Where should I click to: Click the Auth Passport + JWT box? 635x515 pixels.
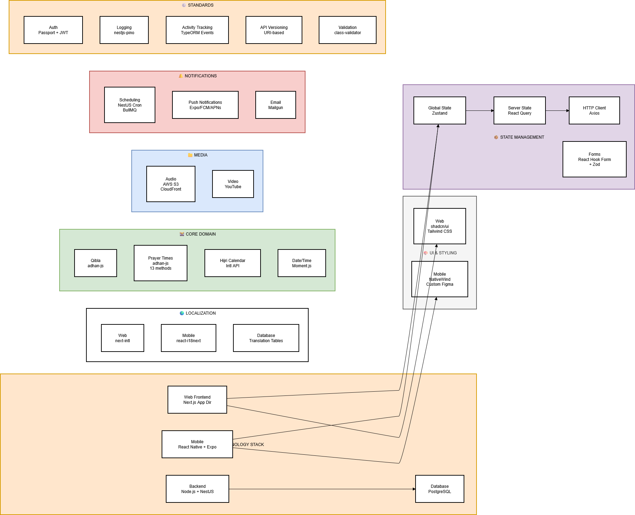pyautogui.click(x=53, y=30)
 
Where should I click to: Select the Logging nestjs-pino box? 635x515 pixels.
pyautogui.click(x=124, y=30)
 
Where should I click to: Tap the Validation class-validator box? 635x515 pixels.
pyautogui.click(x=347, y=30)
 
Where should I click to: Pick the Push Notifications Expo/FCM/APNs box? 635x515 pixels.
pyautogui.click(x=205, y=105)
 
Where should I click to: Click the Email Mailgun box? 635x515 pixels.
pyautogui.click(x=276, y=105)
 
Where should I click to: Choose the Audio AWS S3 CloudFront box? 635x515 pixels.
pyautogui.click(x=171, y=184)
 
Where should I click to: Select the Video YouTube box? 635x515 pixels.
pyautogui.click(x=233, y=184)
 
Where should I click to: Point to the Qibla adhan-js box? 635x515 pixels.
pyautogui.click(x=95, y=263)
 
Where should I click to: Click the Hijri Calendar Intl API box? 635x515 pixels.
pyautogui.click(x=233, y=263)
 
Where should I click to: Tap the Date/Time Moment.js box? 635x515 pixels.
pyautogui.click(x=302, y=263)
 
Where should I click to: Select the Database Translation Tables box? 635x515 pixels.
pyautogui.click(x=266, y=338)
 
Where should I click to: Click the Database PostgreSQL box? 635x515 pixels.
pyautogui.click(x=440, y=489)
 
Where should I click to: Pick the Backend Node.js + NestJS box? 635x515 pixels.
pyautogui.click(x=198, y=489)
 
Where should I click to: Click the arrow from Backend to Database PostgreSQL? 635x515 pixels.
pyautogui.click(x=322, y=489)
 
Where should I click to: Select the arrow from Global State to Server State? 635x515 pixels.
pyautogui.click(x=480, y=111)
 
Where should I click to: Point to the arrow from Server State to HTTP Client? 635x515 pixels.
pyautogui.click(x=557, y=111)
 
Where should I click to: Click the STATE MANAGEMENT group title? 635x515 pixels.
pyautogui.click(x=522, y=137)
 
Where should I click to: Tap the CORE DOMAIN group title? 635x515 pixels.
pyautogui.click(x=201, y=234)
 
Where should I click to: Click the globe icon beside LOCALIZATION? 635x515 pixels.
pyautogui.click(x=182, y=313)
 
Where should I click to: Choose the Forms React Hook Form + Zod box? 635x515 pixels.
pyautogui.click(x=594, y=159)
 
